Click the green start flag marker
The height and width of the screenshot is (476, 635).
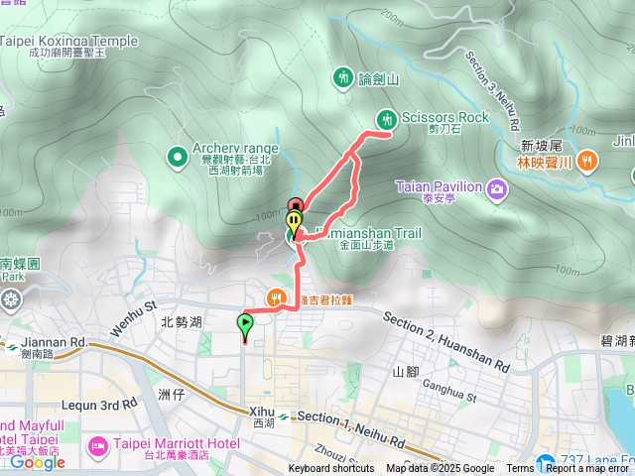pyautogui.click(x=244, y=323)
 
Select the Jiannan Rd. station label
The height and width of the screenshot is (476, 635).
pyautogui.click(x=53, y=343)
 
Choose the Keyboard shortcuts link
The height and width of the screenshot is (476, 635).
pyautogui.click(x=331, y=469)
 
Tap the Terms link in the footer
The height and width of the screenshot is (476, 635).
pyautogui.click(x=520, y=469)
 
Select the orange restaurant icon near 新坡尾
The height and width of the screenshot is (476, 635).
pyautogui.click(x=587, y=159)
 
